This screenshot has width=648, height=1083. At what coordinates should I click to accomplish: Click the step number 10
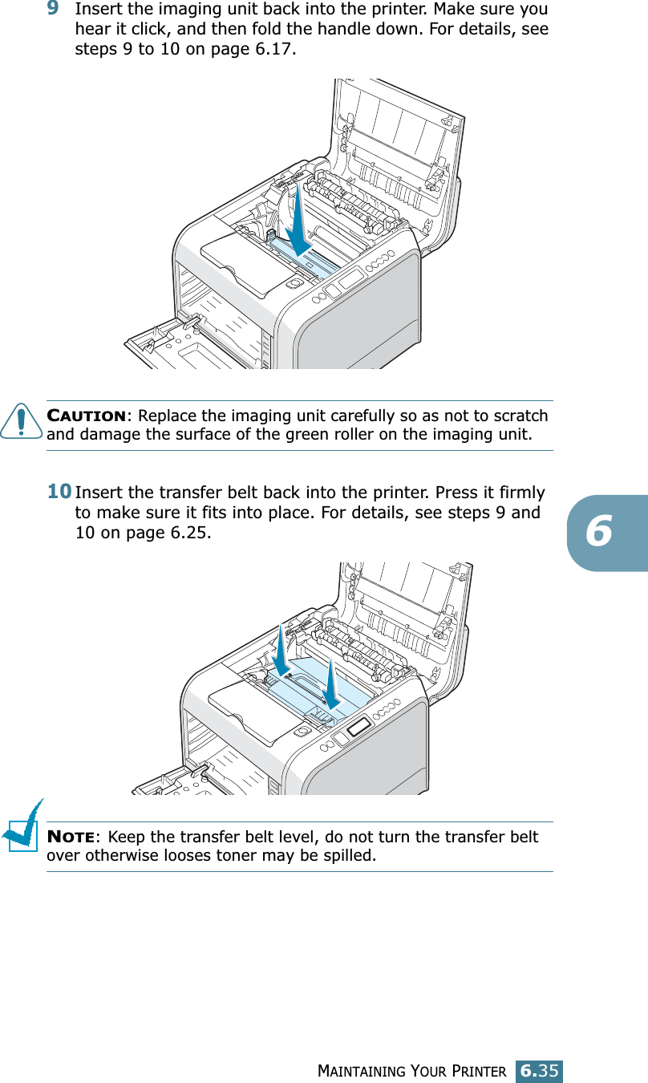click(58, 491)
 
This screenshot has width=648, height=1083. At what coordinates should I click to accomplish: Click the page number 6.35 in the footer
click(539, 1071)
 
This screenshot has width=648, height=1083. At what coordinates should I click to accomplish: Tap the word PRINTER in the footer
click(480, 1072)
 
